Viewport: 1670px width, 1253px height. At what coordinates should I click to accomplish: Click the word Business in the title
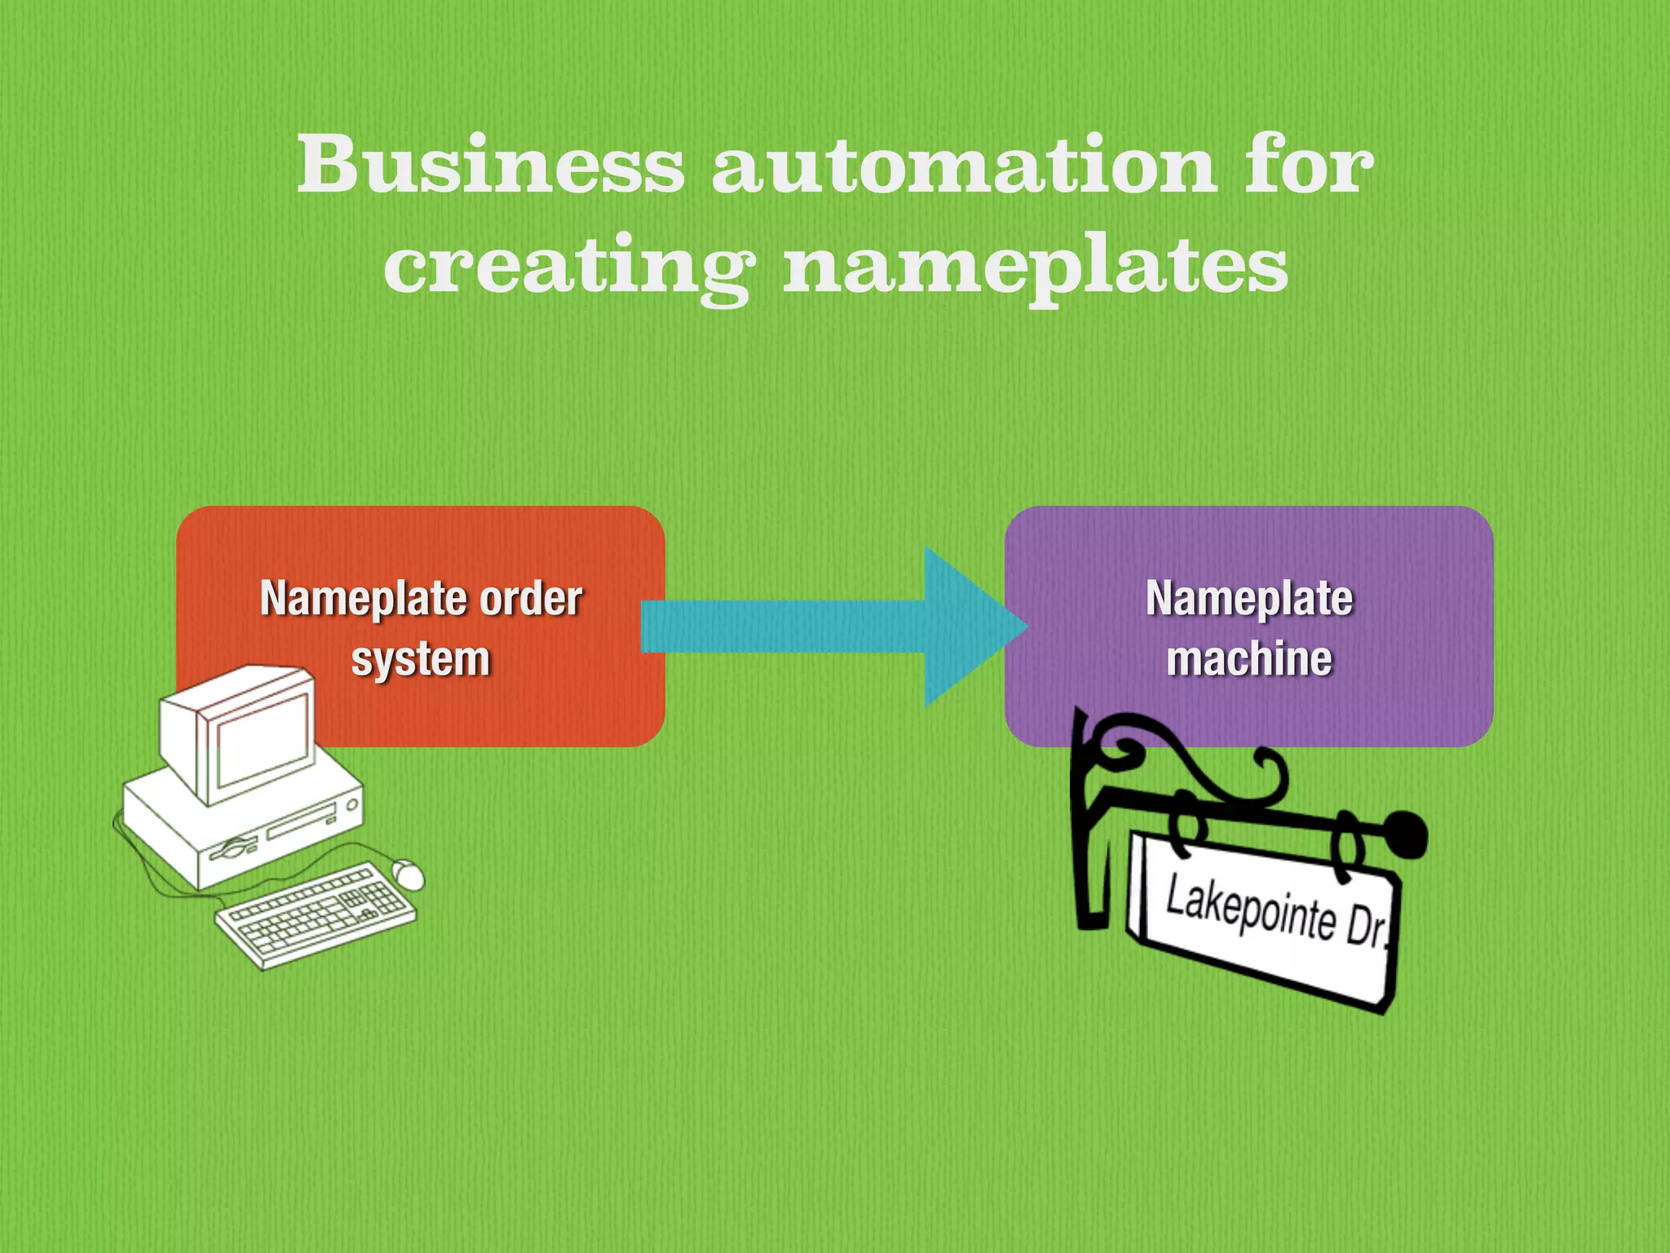pos(490,165)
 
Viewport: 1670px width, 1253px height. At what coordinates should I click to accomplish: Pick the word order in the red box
pos(531,599)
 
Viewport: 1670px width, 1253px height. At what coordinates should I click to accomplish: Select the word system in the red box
pos(421,659)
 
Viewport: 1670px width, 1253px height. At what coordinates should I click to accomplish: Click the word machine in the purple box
pos(1249,659)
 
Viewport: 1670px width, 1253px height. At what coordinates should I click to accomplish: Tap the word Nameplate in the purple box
pos(1249,599)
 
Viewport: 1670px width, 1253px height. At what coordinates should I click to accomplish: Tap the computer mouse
pos(408,874)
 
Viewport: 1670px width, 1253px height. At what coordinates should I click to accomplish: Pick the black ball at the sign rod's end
pos(1405,835)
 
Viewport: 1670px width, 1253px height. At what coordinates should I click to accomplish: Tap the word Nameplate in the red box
pos(366,599)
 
